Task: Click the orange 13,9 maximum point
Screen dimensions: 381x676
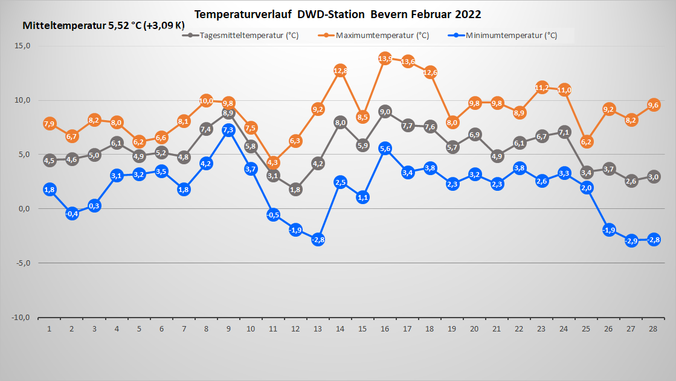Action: [x=385, y=59]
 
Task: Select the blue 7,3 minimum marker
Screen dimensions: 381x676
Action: [x=228, y=130]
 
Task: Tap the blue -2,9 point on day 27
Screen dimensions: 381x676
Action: [x=631, y=241]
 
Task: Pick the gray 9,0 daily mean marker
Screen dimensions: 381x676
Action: [x=385, y=111]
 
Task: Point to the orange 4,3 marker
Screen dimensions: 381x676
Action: [x=273, y=162]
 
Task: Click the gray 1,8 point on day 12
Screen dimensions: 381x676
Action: [x=295, y=190]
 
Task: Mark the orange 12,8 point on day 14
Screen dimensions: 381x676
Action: [x=340, y=71]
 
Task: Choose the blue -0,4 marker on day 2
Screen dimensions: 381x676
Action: [x=72, y=213]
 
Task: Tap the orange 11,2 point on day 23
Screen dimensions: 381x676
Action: [x=542, y=88]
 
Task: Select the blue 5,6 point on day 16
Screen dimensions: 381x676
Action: [x=385, y=149]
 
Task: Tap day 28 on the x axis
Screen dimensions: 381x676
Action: [x=654, y=328]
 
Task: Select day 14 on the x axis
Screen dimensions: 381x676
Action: [x=340, y=328]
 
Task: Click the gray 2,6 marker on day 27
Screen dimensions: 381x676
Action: [x=631, y=181]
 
